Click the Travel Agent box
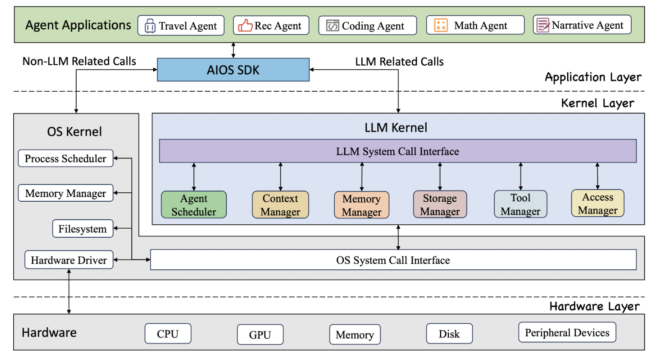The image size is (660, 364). [x=181, y=26]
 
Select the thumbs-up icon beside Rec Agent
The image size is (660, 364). [x=245, y=26]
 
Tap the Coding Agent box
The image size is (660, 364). [x=367, y=26]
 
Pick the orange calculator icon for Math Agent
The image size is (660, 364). [x=440, y=25]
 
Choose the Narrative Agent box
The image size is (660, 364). [x=582, y=25]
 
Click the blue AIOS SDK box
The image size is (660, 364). [x=233, y=70]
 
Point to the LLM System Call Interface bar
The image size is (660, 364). [x=397, y=151]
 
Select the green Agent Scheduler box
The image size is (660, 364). [x=193, y=205]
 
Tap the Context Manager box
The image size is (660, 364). [x=280, y=205]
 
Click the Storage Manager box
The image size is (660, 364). [x=440, y=205]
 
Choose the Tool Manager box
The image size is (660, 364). [x=520, y=204]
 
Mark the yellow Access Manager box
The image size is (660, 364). [x=598, y=203]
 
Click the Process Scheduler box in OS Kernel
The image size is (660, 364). [x=65, y=158]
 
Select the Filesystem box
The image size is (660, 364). [x=83, y=229]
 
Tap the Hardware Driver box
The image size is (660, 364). [x=69, y=260]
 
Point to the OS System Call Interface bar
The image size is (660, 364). [x=393, y=260]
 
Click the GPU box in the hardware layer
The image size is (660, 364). [x=260, y=334]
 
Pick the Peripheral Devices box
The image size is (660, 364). [x=567, y=332]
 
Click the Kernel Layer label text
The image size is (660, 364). [x=597, y=103]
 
